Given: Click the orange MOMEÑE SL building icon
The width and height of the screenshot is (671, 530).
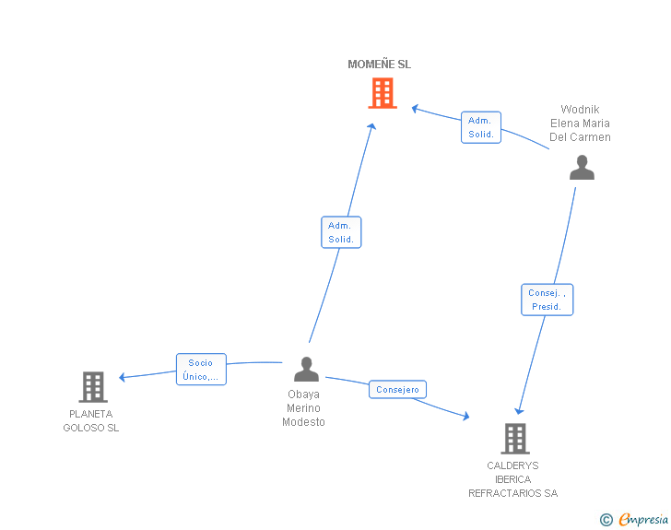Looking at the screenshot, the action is click(x=383, y=93).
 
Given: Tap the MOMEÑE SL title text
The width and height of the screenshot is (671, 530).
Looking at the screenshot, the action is click(x=379, y=65).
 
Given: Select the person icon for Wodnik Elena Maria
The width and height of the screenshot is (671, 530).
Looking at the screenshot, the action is click(x=582, y=168).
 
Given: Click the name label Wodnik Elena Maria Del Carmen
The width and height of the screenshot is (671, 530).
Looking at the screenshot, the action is click(x=580, y=124).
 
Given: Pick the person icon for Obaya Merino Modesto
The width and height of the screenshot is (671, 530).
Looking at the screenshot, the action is click(x=306, y=369).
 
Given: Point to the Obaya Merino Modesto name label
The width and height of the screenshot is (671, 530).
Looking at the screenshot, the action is click(x=303, y=408).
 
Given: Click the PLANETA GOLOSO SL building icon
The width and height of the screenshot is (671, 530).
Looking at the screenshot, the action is click(x=93, y=387).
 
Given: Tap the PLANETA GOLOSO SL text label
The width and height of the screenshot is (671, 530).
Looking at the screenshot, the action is click(x=91, y=421).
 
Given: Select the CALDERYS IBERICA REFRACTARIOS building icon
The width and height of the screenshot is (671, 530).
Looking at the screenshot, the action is click(x=515, y=439).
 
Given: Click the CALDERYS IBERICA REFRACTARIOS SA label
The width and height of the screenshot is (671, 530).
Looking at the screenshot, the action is click(x=513, y=479).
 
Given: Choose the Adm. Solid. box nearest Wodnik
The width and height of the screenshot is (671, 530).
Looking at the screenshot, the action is click(x=481, y=127).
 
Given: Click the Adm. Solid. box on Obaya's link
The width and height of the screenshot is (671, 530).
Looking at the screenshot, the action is click(x=341, y=232).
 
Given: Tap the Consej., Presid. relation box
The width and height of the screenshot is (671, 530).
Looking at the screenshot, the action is click(x=547, y=300).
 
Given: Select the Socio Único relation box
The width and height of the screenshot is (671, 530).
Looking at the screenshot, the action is click(x=201, y=369).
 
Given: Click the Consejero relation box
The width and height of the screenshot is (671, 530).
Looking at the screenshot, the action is click(x=397, y=389).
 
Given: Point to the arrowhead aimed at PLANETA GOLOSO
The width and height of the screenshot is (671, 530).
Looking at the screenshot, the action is click(x=122, y=377).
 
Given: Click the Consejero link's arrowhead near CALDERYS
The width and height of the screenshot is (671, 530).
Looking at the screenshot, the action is click(x=466, y=416).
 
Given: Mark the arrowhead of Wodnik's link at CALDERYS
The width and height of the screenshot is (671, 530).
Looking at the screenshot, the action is click(x=519, y=411).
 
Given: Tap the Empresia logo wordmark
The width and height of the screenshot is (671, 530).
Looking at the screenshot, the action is click(x=643, y=519).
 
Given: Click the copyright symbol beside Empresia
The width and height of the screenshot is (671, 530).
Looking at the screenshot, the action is click(x=606, y=520).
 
